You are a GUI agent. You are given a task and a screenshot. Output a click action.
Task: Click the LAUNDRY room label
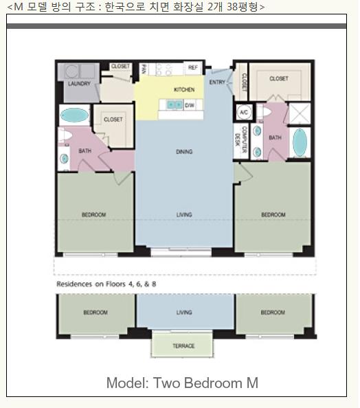click(79, 84)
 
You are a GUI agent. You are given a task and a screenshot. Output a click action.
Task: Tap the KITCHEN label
click(184, 89)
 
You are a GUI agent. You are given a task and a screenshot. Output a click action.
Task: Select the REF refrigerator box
click(193, 67)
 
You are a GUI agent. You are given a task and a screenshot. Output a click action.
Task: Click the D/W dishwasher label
click(189, 105)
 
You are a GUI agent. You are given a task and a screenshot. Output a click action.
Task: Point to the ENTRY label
click(217, 82)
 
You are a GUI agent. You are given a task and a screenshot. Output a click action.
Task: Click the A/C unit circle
click(244, 113)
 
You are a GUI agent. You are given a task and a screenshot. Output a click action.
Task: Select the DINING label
click(184, 151)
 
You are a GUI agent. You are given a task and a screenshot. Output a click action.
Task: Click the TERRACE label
click(183, 345)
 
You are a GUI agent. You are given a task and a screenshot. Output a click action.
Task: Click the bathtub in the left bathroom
click(74, 115)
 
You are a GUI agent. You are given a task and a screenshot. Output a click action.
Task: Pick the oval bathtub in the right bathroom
click(300, 142)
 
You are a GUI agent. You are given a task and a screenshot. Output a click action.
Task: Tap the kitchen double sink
click(175, 104)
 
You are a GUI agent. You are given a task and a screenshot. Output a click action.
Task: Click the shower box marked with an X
click(300, 113)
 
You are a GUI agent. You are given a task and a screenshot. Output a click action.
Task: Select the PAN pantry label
click(144, 69)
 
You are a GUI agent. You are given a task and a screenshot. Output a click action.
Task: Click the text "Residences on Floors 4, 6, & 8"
click(106, 284)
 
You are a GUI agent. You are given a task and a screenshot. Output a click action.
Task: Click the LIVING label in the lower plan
click(184, 313)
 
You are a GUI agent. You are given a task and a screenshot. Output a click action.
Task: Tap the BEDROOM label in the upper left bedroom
click(93, 215)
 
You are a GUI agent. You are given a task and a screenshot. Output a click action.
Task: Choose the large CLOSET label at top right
click(279, 78)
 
